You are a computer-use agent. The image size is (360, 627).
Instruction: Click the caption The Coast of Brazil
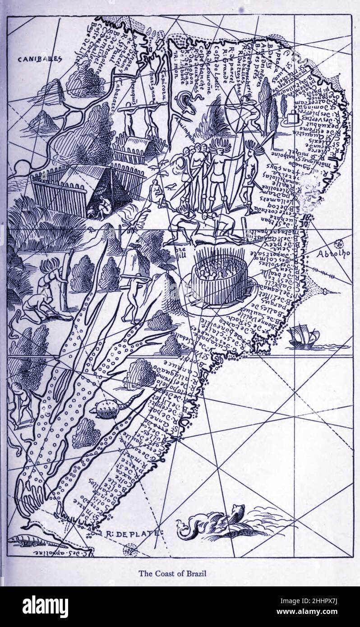click(172, 574)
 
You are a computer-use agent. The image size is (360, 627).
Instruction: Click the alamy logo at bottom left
click(45, 606)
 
